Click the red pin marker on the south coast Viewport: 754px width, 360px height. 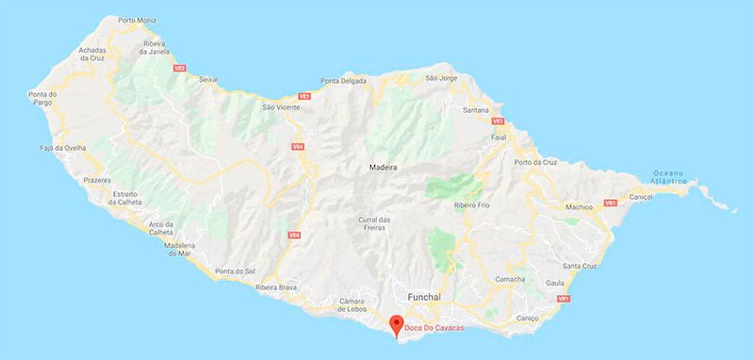pos(398,325)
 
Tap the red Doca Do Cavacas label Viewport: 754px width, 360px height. pos(438,327)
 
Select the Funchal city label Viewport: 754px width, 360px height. pos(424,297)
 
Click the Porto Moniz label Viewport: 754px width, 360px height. pos(139,20)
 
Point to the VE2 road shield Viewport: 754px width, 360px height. pos(179,68)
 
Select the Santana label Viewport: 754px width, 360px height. pos(476,110)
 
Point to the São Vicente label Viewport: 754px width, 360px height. pos(280,107)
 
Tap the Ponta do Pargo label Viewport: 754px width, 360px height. pos(44,99)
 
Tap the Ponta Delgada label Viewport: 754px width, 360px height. pos(344,81)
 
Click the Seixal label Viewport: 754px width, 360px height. pos(209,79)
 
